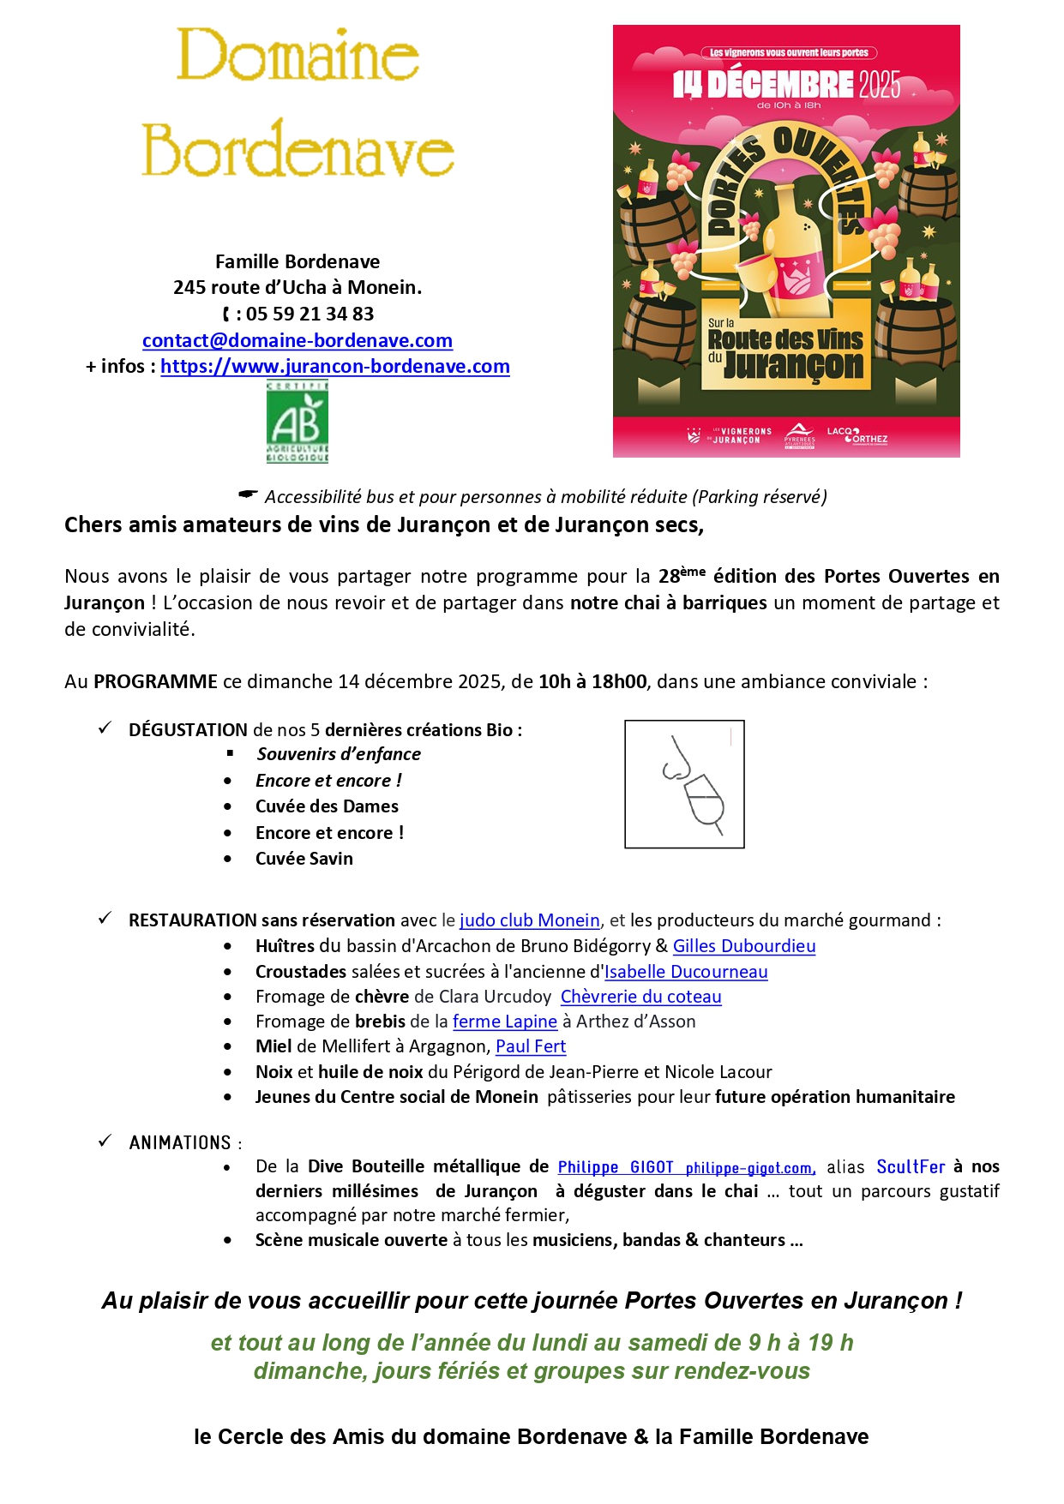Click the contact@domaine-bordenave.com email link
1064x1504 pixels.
click(x=298, y=340)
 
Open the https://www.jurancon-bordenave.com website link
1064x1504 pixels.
click(x=335, y=367)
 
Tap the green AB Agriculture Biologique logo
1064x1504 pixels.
click(x=298, y=422)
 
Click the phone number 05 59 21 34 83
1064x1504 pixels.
click(x=310, y=314)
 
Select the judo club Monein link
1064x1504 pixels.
click(x=529, y=920)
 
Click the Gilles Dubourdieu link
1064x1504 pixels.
click(x=743, y=946)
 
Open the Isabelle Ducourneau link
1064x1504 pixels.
click(x=686, y=972)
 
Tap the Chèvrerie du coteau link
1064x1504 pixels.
click(x=640, y=997)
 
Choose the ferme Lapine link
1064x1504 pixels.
click(x=504, y=1022)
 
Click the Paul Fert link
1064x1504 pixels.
click(x=531, y=1046)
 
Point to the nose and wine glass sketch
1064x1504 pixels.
click(x=684, y=784)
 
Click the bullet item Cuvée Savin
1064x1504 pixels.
click(x=304, y=859)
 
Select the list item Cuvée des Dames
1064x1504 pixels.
click(x=327, y=806)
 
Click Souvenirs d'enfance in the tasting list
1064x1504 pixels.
click(x=339, y=754)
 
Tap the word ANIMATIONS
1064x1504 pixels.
click(x=180, y=1143)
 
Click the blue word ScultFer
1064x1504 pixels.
click(x=911, y=1167)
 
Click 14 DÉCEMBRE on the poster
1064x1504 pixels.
click(x=762, y=85)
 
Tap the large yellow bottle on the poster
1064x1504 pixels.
click(x=793, y=249)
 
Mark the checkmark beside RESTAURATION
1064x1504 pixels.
click(x=105, y=919)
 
